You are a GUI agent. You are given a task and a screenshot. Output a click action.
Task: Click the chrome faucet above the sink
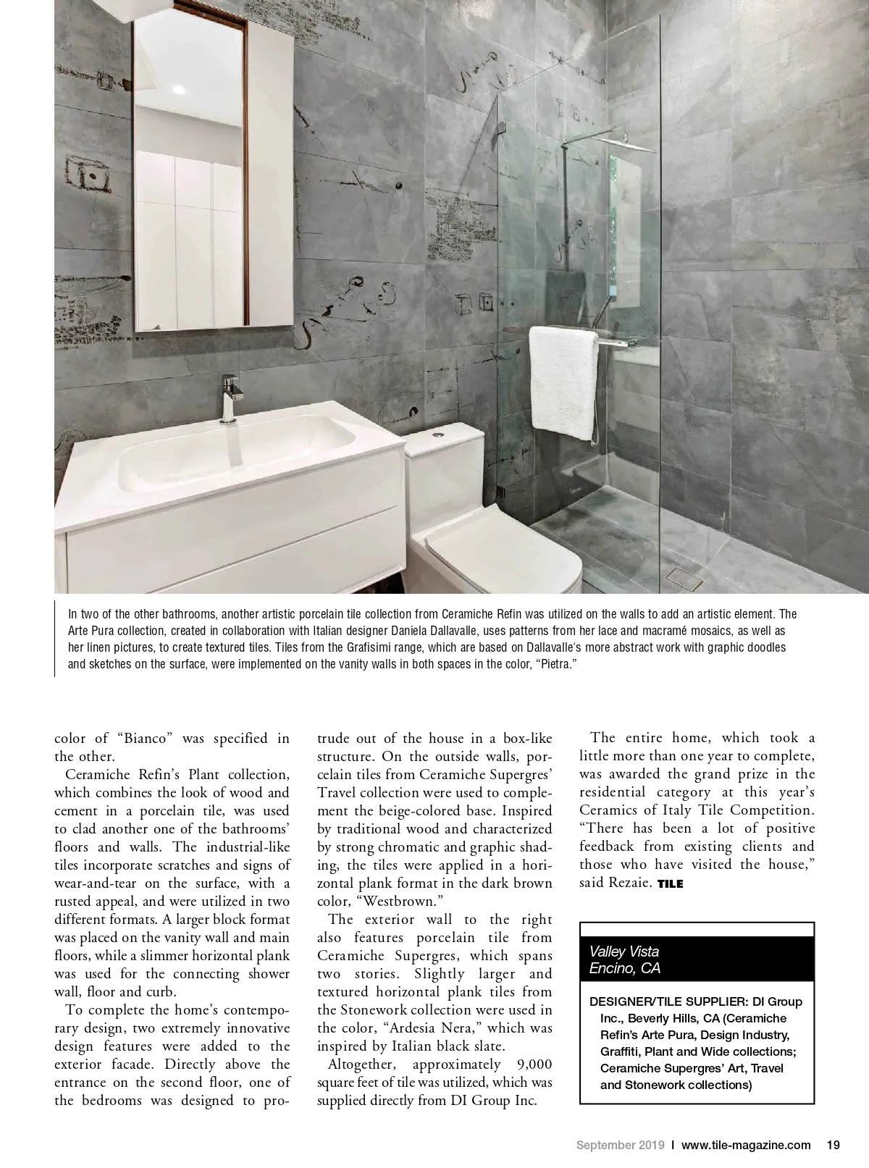(x=231, y=395)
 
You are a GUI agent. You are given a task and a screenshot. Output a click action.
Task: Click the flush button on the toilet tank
(x=438, y=433)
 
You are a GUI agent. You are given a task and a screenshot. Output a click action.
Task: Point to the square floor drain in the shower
(x=680, y=577)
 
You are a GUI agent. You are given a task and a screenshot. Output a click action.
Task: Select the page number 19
(x=833, y=1145)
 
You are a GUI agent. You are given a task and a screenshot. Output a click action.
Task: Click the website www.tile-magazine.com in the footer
(x=746, y=1145)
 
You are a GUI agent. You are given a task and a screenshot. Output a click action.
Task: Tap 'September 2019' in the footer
(x=621, y=1145)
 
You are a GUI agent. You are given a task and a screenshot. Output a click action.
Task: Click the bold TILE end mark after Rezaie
(x=670, y=883)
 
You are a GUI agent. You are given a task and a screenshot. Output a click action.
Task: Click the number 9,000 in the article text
(x=532, y=1064)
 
